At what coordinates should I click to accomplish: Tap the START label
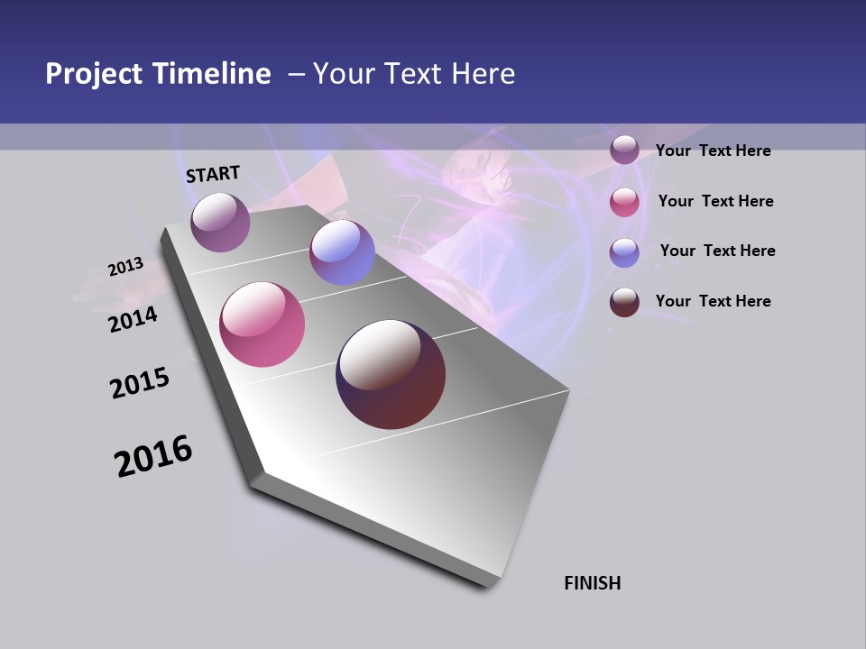pos(213,174)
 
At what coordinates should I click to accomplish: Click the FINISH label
pos(593,583)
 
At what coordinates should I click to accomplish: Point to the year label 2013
pos(125,267)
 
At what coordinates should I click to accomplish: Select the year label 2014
pos(133,319)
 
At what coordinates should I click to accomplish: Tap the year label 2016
pos(153,456)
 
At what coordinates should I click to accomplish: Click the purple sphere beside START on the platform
pos(220,222)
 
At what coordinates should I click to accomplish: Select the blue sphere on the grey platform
pos(342,252)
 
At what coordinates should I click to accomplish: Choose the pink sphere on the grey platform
pos(263,324)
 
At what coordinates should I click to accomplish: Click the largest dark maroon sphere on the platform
pos(391,374)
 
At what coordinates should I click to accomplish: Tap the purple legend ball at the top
pos(624,150)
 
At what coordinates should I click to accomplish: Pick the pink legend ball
pos(624,202)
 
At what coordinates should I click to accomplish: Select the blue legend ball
pos(624,252)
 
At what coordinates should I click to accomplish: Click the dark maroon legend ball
pos(624,302)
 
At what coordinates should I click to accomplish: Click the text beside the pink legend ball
pos(715,201)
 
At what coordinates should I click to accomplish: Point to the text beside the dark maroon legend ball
pos(713,301)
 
